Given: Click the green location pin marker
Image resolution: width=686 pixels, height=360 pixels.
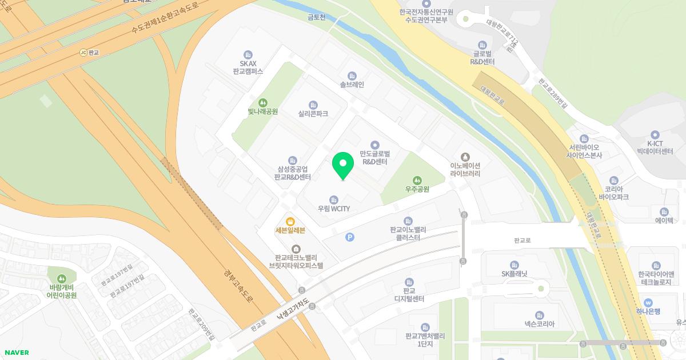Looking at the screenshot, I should pos(343,164).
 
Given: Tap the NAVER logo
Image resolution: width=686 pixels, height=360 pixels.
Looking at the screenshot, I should pos(17,353).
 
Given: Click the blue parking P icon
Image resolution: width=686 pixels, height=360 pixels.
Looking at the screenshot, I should pos(350,237).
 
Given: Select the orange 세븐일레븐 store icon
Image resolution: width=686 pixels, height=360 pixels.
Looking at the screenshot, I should pos(290,221).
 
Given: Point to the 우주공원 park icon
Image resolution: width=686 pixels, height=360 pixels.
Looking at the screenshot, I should pos(417,180).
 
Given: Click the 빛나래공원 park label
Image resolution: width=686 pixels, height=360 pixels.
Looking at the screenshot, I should pos(263,112).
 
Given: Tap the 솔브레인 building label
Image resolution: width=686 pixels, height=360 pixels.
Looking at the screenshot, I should pos(352,85).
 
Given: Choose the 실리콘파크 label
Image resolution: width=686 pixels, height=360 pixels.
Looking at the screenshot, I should pos(313,114).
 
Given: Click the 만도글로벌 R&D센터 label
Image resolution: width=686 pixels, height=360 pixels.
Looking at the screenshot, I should pos(375,158).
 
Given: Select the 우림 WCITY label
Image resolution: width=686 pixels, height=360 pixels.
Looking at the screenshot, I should pos(334,209).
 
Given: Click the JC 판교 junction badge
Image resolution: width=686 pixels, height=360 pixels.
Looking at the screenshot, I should pos(83,52).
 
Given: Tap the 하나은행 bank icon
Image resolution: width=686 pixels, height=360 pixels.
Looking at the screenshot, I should pos(648,302).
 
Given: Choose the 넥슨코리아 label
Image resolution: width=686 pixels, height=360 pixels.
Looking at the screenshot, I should pos(540,324).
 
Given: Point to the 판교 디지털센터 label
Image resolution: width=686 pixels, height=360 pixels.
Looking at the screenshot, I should pos(409,295).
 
